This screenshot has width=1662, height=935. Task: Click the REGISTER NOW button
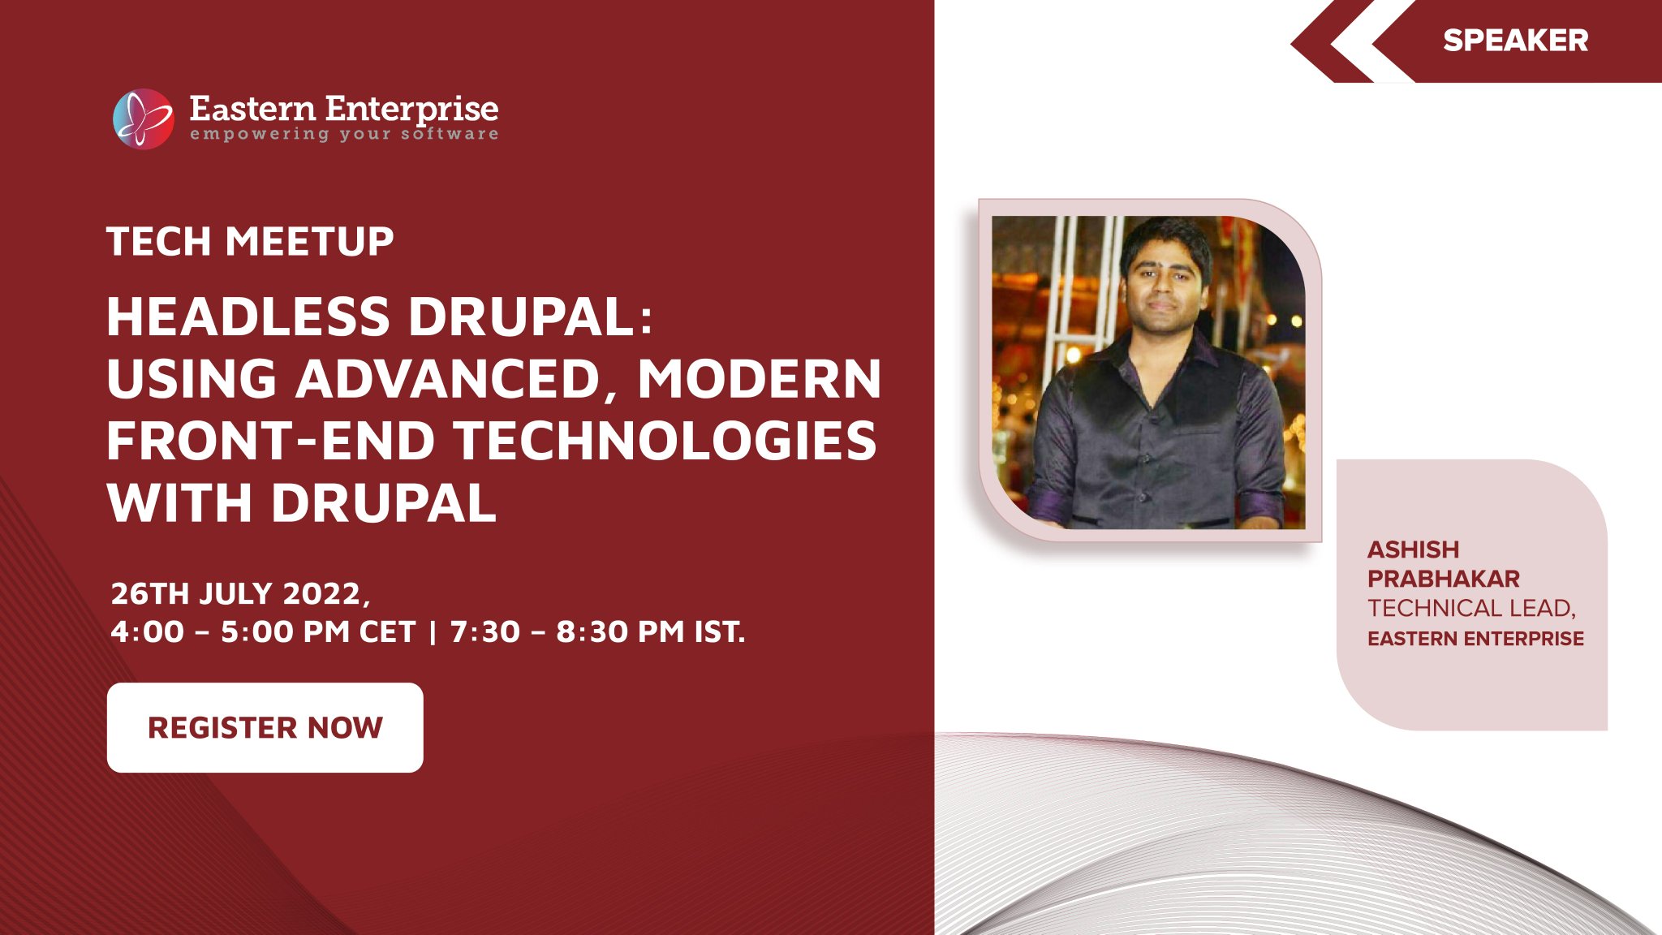[265, 727]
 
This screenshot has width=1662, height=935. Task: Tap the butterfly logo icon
[144, 118]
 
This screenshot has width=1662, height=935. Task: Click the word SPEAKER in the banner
[1515, 41]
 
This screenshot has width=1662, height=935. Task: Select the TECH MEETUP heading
[250, 241]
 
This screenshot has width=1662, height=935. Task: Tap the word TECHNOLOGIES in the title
[665, 441]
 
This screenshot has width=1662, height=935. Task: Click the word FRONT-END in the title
[271, 441]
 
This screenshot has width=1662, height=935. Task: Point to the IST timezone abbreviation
[719, 631]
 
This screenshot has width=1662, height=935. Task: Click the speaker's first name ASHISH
[1413, 549]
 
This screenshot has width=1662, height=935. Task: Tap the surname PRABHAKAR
[1444, 579]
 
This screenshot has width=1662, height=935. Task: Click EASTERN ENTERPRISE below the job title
[1475, 639]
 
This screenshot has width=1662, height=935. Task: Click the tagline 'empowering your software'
[344, 134]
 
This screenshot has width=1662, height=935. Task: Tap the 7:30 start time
[484, 631]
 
